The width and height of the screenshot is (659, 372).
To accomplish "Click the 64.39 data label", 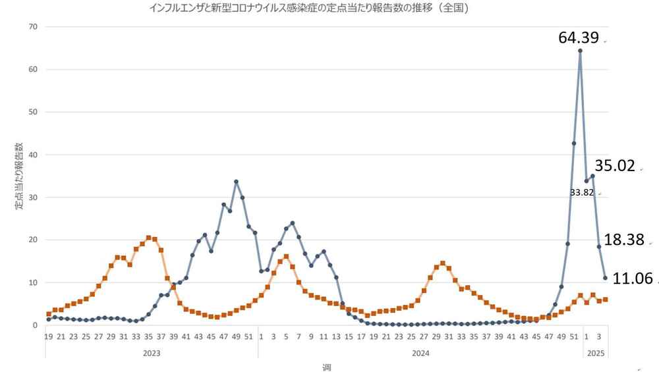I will [x=579, y=38].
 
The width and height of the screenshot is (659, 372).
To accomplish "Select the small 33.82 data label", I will [x=581, y=193].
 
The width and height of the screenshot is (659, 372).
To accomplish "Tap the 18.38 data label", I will [x=623, y=240].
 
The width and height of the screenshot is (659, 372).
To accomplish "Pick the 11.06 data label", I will [x=633, y=279].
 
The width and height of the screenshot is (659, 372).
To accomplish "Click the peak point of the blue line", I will [x=580, y=51].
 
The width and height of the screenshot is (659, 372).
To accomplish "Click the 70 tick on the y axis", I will [x=33, y=27].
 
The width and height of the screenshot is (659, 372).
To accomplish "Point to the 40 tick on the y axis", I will [x=33, y=155].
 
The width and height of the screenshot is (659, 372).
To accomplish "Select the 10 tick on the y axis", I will [x=33, y=282].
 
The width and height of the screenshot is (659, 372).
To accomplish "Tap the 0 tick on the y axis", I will [x=35, y=325].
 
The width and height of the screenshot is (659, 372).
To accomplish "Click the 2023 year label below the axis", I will [x=151, y=353].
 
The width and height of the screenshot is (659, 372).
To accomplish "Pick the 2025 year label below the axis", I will [x=596, y=353].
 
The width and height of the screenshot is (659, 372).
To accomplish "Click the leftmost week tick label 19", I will [x=49, y=337].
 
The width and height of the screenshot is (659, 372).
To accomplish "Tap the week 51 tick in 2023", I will [x=248, y=337].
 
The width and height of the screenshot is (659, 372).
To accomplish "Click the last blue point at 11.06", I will [x=605, y=278].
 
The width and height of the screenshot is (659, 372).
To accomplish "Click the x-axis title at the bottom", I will [x=326, y=367].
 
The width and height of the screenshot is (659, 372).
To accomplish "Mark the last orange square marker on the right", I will [x=605, y=300].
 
